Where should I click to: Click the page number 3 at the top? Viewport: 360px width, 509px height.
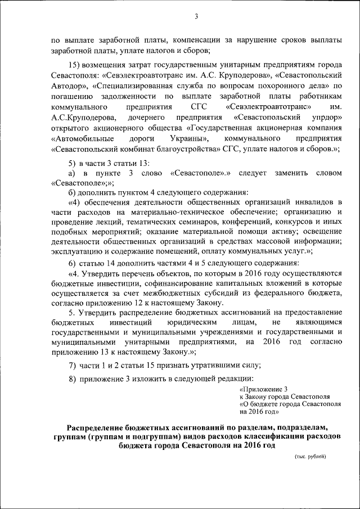[x=196, y=17]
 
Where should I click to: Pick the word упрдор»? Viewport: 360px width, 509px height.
[x=326, y=117]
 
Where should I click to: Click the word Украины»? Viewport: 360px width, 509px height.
[x=190, y=138]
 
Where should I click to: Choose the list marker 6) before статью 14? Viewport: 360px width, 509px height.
[x=72, y=264]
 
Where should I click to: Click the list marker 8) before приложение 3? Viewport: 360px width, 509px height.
[x=72, y=379]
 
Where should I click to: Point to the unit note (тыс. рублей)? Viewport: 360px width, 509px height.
[x=310, y=456]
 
